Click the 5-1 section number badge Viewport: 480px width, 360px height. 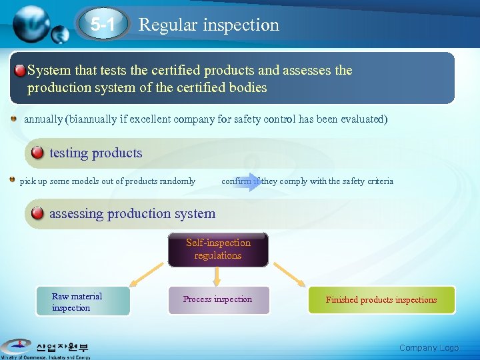103,25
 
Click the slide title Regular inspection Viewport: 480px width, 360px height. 209,25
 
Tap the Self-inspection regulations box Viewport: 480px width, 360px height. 218,249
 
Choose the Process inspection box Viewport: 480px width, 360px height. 217,300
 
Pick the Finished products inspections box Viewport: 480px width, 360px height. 381,300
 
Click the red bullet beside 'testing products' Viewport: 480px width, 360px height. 37,153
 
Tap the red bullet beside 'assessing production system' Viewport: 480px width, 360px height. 37,213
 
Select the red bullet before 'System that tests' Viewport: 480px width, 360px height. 21,71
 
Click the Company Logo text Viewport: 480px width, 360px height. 429,347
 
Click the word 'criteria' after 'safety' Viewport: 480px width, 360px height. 379,181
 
